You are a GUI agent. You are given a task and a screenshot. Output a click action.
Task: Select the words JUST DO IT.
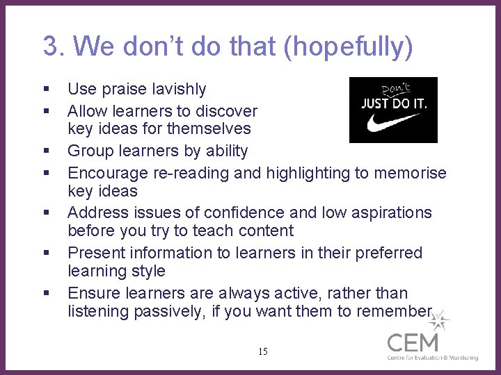(394, 105)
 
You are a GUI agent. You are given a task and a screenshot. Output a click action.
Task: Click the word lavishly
(180, 89)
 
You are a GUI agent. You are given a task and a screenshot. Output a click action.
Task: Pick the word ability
(223, 151)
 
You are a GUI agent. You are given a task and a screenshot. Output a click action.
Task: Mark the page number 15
(262, 351)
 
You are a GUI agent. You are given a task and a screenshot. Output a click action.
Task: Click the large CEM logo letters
(413, 342)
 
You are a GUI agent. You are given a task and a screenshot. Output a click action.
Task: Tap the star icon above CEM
(438, 322)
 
